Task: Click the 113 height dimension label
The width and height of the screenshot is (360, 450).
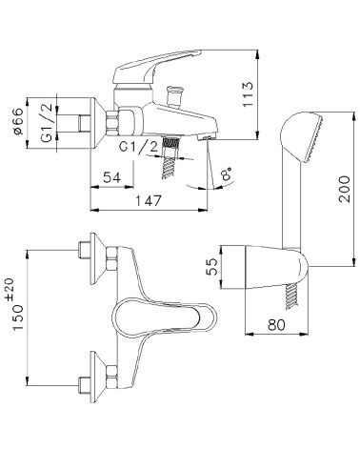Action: (248, 94)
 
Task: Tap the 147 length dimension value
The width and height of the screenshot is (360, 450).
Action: (149, 200)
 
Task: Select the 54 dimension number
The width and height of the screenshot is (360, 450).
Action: (112, 177)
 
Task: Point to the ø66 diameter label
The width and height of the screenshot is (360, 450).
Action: (18, 121)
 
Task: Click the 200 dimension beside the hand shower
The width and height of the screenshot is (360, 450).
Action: (344, 189)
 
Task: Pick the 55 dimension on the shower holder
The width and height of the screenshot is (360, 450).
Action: (211, 266)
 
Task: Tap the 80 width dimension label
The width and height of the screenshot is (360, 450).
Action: (276, 324)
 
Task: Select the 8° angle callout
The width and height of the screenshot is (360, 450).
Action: (227, 174)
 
